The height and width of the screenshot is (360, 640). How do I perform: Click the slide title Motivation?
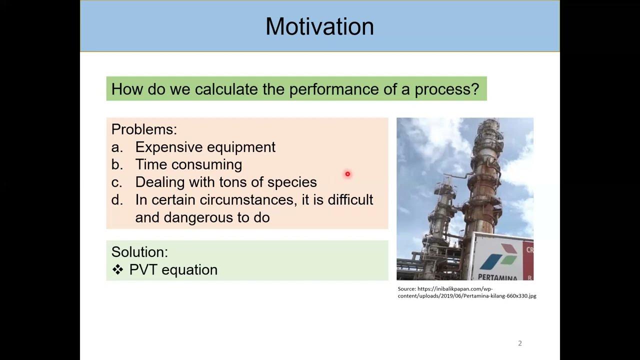[319, 26]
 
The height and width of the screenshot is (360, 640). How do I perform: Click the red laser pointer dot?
[347, 174]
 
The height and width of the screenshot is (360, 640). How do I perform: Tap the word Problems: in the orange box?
[144, 129]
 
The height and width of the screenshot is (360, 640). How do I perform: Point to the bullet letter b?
[116, 164]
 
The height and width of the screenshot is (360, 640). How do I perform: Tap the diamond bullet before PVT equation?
[117, 269]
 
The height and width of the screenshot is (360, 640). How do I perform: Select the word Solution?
[139, 251]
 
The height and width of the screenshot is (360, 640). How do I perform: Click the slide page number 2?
[520, 343]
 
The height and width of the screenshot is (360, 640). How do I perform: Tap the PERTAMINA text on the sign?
[498, 276]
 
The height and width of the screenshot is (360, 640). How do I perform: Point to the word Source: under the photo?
[406, 289]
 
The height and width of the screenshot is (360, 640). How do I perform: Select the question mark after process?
[475, 89]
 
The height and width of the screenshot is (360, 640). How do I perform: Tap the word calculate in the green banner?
[226, 89]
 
